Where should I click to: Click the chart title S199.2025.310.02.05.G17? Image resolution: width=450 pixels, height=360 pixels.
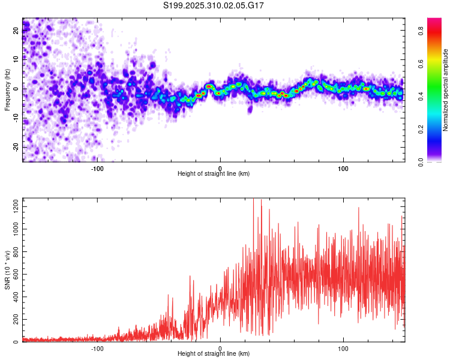pyautogui.click(x=214, y=5)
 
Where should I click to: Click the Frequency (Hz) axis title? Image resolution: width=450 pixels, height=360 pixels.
pyautogui.click(x=7, y=90)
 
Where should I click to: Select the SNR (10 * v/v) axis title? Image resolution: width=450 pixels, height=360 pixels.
pyautogui.click(x=7, y=270)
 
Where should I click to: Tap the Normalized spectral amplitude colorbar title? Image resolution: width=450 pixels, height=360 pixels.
pyautogui.click(x=446, y=90)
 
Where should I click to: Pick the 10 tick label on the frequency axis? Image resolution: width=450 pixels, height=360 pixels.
pyautogui.click(x=16, y=59)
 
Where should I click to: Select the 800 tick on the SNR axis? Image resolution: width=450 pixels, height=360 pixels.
pyautogui.click(x=14, y=252)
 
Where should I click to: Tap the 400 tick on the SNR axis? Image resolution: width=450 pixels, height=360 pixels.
pyautogui.click(x=14, y=297)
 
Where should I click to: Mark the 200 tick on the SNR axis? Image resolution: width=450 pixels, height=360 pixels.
pyautogui.click(x=14, y=319)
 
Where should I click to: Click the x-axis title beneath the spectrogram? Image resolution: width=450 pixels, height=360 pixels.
pyautogui.click(x=214, y=174)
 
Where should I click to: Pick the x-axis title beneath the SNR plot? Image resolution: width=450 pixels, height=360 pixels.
pyautogui.click(x=214, y=354)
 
